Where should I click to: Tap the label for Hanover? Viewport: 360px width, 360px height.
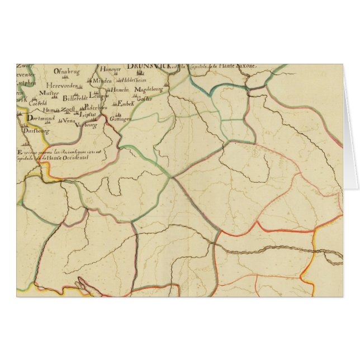(x=111, y=69)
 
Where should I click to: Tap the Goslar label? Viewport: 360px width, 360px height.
(x=145, y=100)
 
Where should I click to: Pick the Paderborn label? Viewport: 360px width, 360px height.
(x=95, y=107)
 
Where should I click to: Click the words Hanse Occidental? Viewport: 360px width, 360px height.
(x=69, y=159)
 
